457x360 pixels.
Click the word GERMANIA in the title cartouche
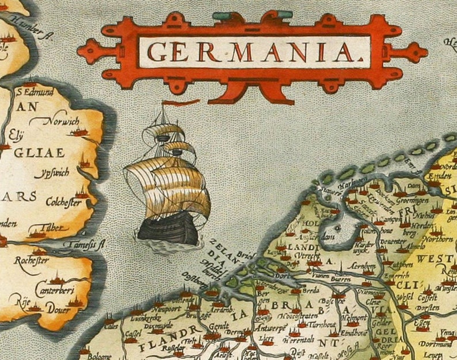[x=252, y=52]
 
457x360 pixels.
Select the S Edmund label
[x=36, y=91]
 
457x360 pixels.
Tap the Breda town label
[x=313, y=305]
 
